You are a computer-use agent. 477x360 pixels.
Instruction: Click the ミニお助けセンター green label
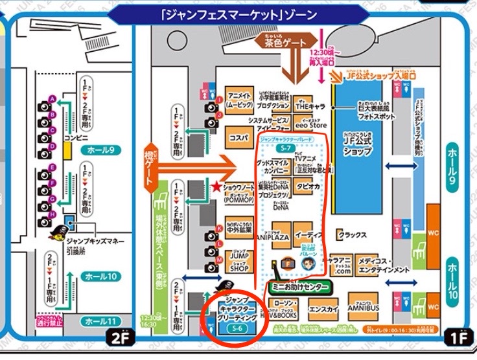(x=299, y=286)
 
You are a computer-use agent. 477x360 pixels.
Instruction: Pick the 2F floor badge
(x=118, y=336)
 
